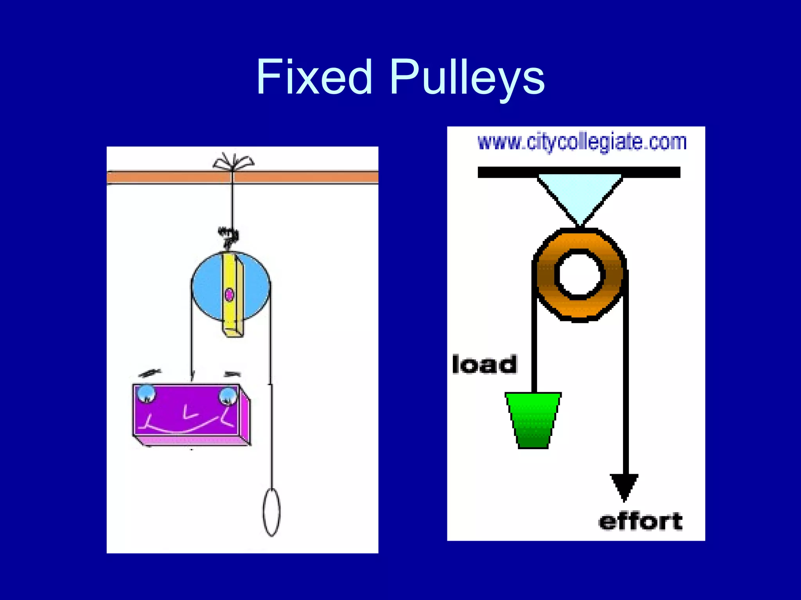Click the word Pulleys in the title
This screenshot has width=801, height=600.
point(467,77)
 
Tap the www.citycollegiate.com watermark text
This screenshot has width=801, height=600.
point(582,142)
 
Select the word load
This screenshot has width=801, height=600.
point(484,364)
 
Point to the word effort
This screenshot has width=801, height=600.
point(640,521)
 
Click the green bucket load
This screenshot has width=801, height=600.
point(533,420)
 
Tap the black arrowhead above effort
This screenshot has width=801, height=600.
point(624,486)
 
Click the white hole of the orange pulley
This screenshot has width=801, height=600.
point(580,274)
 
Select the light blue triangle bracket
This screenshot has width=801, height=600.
point(580,193)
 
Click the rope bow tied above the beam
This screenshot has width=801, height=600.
point(233,161)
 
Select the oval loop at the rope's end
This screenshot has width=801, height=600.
point(271,512)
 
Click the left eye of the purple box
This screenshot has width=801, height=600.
point(147,393)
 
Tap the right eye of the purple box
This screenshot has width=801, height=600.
point(228,396)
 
